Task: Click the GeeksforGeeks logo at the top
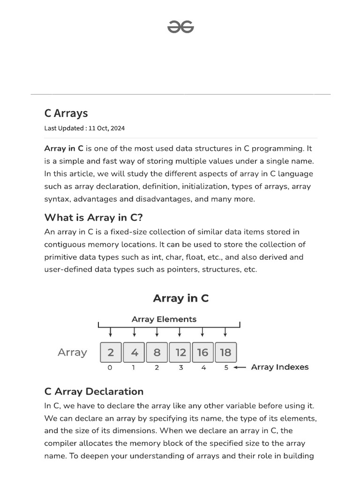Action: (180, 28)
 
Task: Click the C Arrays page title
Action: (66, 113)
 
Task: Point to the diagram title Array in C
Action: (180, 298)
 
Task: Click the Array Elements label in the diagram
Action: (164, 319)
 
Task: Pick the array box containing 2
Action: (111, 352)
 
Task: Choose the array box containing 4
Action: (134, 352)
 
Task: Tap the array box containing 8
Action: (157, 352)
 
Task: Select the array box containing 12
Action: (180, 352)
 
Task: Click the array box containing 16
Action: (202, 352)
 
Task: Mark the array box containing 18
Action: (225, 352)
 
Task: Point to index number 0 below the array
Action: (110, 367)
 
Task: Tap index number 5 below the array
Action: (226, 367)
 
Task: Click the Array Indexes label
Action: (280, 367)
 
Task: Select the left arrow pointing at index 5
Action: (240, 367)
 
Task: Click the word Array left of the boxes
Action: (72, 352)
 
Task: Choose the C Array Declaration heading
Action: (94, 391)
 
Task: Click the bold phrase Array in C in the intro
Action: (64, 149)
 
